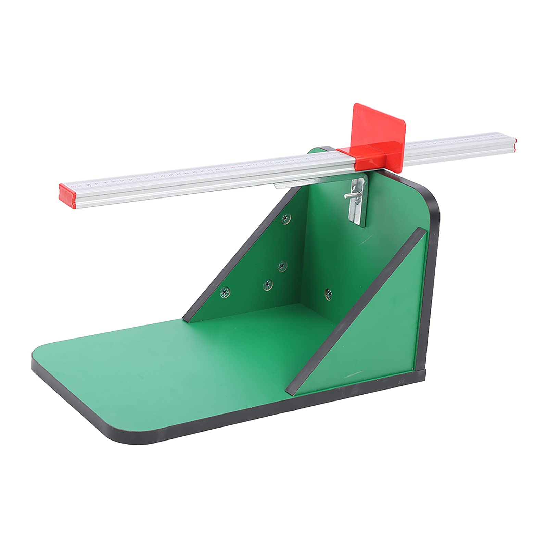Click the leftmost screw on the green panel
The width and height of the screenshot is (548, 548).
click(225, 292)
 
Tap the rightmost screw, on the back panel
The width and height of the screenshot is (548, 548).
click(329, 293)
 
